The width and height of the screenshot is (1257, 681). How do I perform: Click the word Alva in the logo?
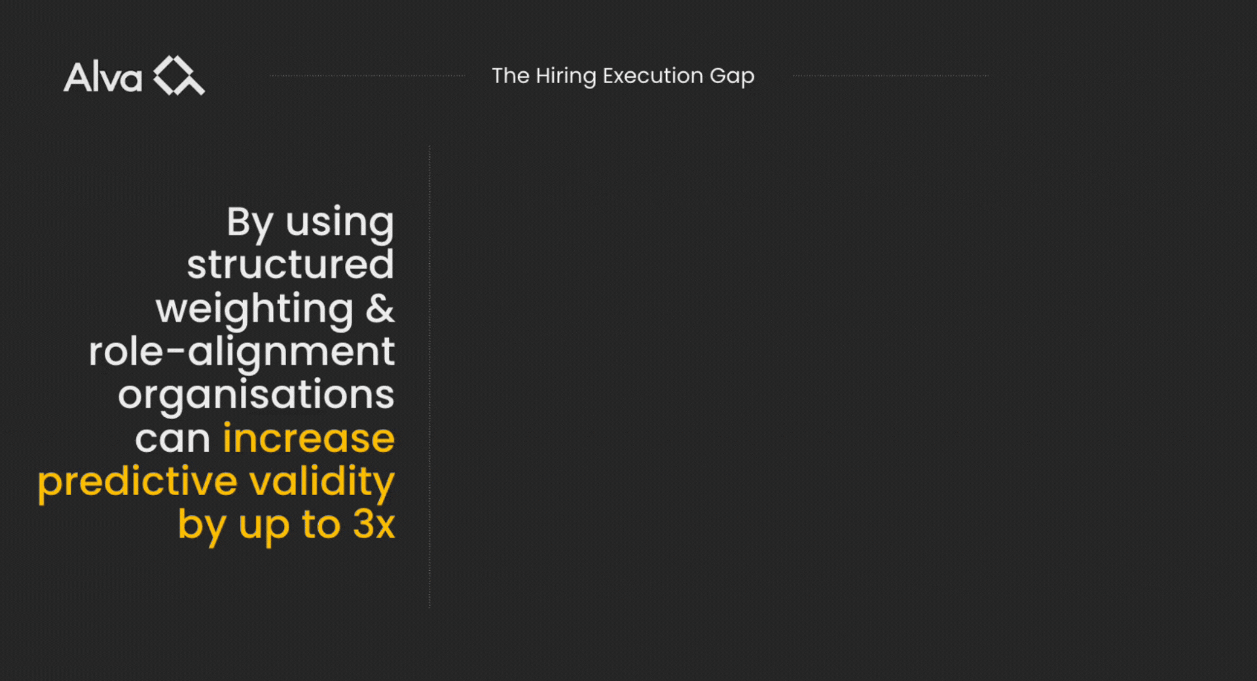coord(103,77)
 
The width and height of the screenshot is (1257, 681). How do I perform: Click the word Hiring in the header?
coord(566,77)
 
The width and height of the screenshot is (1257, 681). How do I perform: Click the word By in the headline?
coord(249,223)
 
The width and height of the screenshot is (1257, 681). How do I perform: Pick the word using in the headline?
coord(340,223)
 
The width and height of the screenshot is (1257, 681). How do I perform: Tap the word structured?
coord(291,264)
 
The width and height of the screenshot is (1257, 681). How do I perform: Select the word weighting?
coord(255,310)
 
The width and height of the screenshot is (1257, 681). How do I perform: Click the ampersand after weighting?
coord(380,308)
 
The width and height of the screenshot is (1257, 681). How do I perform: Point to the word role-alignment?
coord(242,352)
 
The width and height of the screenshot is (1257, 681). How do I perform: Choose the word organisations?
coord(256,396)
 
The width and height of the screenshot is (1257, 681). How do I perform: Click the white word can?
coord(173,439)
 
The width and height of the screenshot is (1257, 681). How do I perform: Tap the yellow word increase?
coord(309,437)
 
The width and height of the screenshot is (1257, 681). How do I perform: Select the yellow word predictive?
coord(137,482)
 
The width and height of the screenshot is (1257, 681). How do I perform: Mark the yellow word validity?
coord(322,482)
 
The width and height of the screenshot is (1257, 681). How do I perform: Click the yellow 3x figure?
coord(374,524)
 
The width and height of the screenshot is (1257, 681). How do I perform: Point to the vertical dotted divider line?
coord(429,377)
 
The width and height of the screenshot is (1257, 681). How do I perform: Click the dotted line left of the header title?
coord(367,76)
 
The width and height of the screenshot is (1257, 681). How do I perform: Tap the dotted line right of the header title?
coord(891,76)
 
